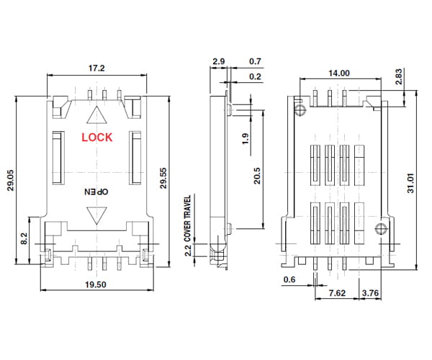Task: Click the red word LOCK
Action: [x=96, y=138]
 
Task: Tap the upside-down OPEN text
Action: [x=96, y=192]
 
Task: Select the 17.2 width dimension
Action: [x=96, y=68]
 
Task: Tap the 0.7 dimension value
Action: [x=255, y=63]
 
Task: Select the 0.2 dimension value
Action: [x=255, y=76]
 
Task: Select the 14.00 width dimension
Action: [x=338, y=73]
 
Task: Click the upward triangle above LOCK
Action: [x=96, y=115]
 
